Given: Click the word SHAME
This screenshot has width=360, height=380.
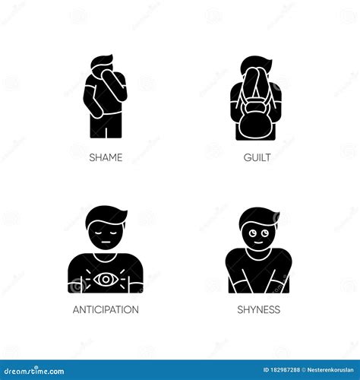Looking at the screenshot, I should coord(105,157).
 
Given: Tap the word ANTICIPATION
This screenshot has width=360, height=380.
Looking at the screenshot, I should coord(105,309).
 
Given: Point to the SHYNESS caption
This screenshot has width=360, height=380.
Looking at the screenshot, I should coord(258,309).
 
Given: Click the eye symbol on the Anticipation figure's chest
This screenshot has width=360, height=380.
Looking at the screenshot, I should coord(105,279).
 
